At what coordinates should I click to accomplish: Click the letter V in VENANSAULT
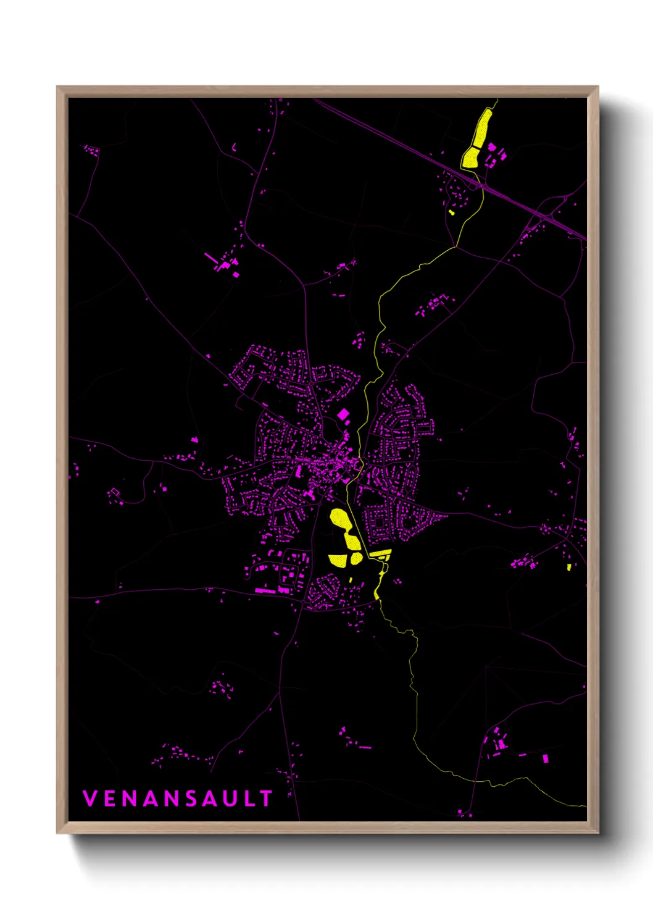tap(89, 799)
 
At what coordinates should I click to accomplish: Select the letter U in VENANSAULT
tap(230, 799)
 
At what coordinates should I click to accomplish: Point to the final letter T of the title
tap(266, 799)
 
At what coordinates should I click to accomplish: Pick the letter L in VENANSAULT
tap(249, 799)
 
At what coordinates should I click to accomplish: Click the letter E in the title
tap(109, 799)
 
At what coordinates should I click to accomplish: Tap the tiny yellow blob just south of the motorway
tap(451, 212)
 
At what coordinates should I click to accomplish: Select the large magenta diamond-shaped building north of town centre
tap(343, 414)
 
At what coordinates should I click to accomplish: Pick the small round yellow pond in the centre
tap(357, 559)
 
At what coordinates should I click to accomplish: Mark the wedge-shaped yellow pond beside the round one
tap(338, 560)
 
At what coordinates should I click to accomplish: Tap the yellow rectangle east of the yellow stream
tap(380, 553)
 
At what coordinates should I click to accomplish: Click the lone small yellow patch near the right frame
tap(569, 566)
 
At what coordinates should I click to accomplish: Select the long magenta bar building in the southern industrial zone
tap(265, 591)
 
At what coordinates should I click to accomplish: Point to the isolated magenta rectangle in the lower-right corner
tap(545, 758)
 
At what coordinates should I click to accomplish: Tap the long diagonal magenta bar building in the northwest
tap(210, 258)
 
